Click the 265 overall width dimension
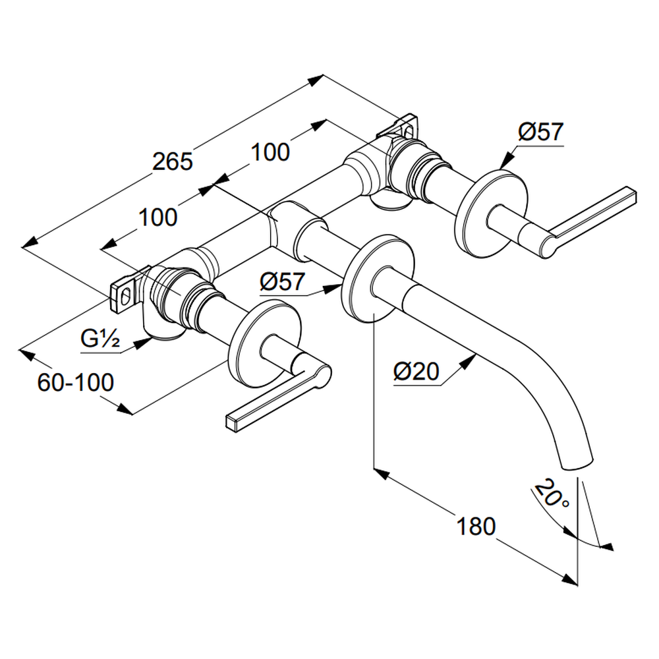click(172, 161)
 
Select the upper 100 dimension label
click(270, 152)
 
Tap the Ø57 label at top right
click(540, 132)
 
